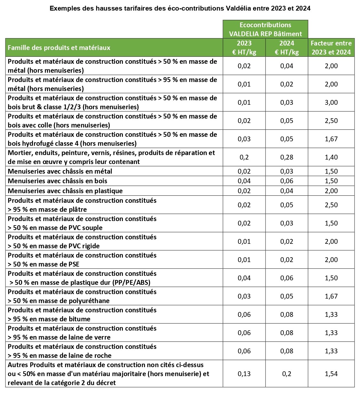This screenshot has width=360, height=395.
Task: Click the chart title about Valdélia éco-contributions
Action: click(x=180, y=9)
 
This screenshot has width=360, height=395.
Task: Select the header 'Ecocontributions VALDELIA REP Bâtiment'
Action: click(x=265, y=29)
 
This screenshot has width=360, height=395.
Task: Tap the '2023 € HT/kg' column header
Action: click(x=244, y=47)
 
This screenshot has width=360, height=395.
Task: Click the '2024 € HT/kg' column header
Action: click(x=287, y=47)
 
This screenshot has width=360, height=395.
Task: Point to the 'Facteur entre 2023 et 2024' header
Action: click(x=331, y=47)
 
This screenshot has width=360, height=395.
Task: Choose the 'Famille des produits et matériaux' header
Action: click(x=59, y=48)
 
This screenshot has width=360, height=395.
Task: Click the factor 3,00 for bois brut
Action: click(x=331, y=103)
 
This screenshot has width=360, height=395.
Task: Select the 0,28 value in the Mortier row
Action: click(x=287, y=157)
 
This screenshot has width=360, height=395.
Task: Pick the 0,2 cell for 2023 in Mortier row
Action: click(x=244, y=157)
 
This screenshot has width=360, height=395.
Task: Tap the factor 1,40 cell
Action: click(x=331, y=157)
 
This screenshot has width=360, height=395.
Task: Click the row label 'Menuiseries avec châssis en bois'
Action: click(x=58, y=181)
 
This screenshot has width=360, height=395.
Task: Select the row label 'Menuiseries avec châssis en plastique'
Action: click(x=65, y=191)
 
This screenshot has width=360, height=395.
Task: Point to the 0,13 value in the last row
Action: click(x=244, y=374)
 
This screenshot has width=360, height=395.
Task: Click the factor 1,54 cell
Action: click(x=331, y=374)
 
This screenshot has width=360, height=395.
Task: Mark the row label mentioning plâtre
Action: click(x=82, y=205)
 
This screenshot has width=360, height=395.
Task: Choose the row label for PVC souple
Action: click(x=82, y=223)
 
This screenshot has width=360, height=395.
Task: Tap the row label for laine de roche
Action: click(x=82, y=351)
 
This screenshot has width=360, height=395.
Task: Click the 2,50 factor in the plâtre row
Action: click(x=331, y=205)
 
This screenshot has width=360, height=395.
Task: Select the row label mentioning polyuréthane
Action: click(x=82, y=296)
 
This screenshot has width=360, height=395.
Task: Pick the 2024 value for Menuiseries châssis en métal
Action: click(x=287, y=171)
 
